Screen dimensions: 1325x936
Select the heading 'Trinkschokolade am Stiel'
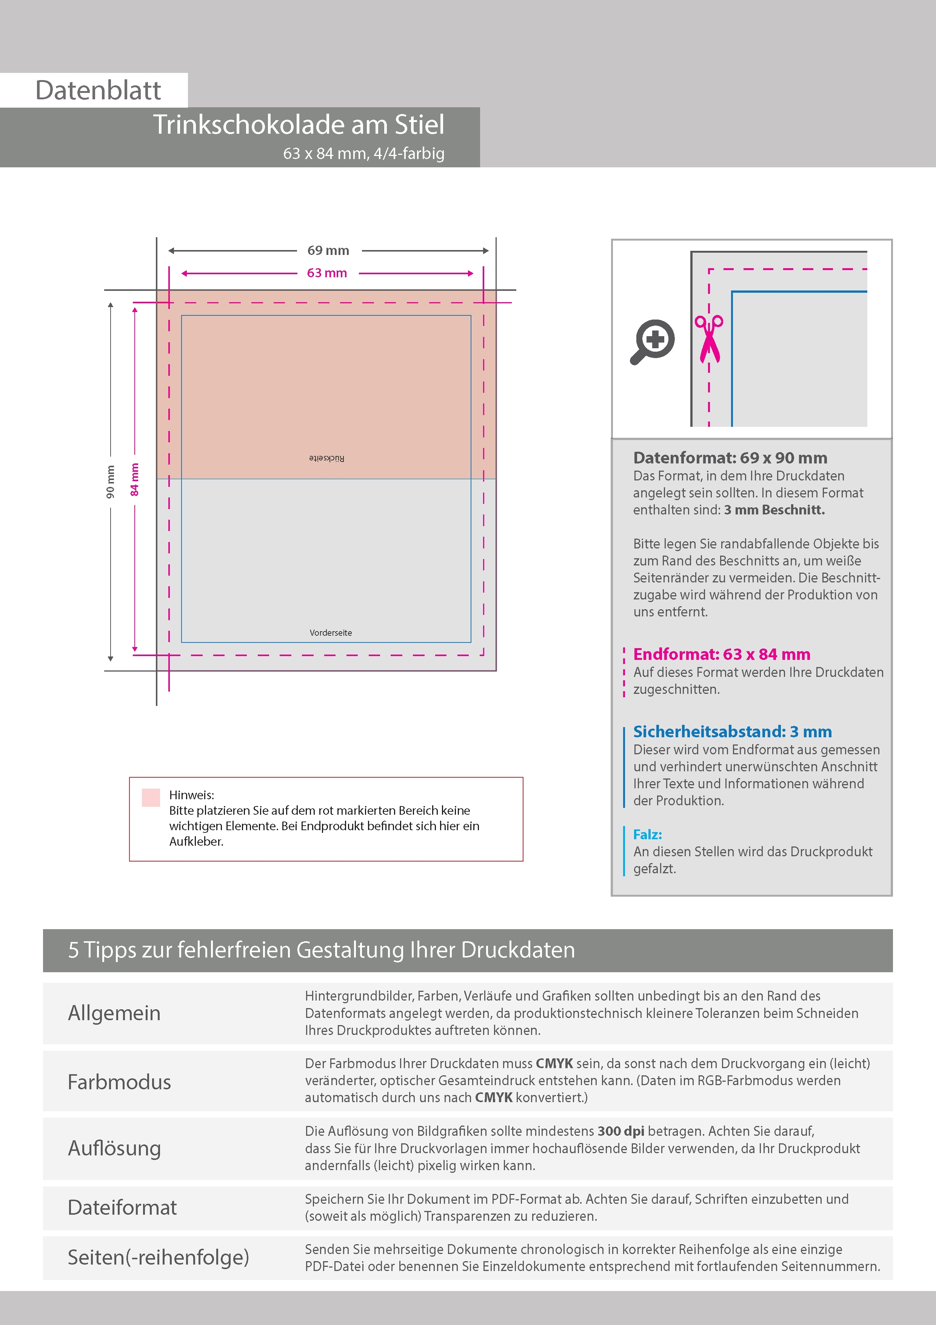(x=298, y=125)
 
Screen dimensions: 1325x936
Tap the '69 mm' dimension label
(x=328, y=250)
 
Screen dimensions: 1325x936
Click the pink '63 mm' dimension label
(x=327, y=273)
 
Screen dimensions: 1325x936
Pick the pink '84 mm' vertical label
(x=134, y=480)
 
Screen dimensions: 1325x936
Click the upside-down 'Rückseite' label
(x=326, y=458)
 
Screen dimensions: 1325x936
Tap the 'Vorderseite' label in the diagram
(x=331, y=633)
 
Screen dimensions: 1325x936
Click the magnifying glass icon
(x=653, y=341)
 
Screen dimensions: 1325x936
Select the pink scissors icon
(x=709, y=339)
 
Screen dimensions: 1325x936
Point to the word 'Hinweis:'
(x=191, y=795)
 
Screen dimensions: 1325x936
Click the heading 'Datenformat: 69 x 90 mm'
(x=730, y=458)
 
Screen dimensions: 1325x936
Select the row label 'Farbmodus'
(x=119, y=1082)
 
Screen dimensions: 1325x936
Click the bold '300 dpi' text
(x=621, y=1131)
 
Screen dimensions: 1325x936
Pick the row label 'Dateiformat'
(x=122, y=1207)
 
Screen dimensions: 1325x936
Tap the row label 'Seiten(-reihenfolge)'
(x=159, y=1257)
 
